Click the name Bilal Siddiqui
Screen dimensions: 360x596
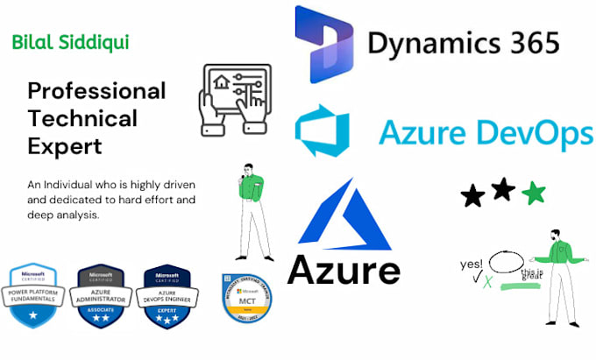pos(71,42)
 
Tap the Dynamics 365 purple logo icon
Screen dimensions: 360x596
pos(323,45)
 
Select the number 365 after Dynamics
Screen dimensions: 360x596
pos(525,43)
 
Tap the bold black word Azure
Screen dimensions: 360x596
pos(344,271)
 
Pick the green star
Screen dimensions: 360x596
pos(533,193)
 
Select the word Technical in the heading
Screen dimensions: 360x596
pos(82,118)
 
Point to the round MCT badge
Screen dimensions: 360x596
pos(242,297)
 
